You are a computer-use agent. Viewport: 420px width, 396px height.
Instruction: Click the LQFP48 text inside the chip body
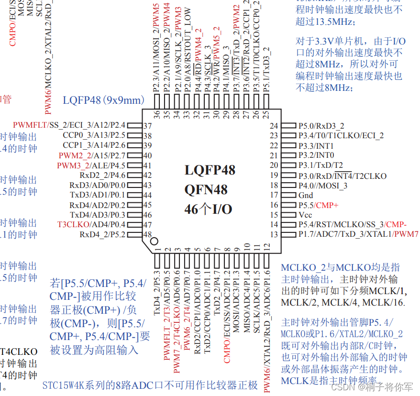(210, 170)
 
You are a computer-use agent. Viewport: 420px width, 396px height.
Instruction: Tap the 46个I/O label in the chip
(208, 209)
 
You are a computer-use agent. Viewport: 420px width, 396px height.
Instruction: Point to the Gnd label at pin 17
(306, 195)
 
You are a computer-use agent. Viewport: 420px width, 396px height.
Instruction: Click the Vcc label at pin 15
(305, 215)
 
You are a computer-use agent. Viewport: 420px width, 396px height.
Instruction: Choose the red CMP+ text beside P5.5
(327, 205)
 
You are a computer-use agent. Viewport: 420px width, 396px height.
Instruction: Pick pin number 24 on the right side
(274, 126)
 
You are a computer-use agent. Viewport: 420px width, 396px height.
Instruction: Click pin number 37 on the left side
(147, 126)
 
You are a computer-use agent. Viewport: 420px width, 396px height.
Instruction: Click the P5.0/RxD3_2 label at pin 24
(321, 126)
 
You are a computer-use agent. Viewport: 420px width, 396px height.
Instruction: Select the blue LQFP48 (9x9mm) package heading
(103, 100)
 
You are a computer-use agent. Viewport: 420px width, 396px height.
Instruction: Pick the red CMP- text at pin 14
(397, 225)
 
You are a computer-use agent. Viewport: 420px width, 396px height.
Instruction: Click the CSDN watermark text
(343, 386)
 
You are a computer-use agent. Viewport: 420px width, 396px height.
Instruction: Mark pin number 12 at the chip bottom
(267, 247)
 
